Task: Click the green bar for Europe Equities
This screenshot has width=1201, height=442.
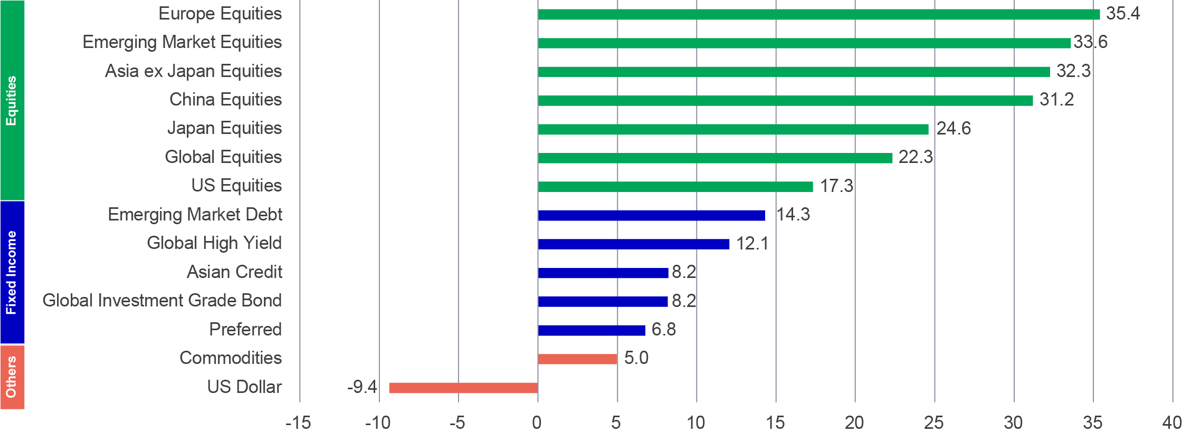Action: coord(818,14)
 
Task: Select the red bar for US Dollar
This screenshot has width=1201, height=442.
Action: coord(463,388)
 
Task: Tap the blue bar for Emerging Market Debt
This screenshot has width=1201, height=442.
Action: coord(651,215)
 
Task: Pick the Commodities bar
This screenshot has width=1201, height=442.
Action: coord(577,359)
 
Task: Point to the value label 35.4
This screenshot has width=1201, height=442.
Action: coord(1123,14)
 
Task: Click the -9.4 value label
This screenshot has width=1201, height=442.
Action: coord(362,387)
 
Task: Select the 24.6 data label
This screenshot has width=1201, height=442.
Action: coord(954,129)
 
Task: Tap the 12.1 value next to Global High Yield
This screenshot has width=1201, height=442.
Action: coord(752,244)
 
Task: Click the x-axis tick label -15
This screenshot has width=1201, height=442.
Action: coord(298,423)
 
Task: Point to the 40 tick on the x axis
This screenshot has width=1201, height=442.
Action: coord(1172,423)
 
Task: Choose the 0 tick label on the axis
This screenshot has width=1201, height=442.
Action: coord(537,423)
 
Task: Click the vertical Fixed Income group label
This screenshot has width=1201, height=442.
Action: coord(12,272)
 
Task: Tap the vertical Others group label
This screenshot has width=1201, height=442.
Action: coord(12,377)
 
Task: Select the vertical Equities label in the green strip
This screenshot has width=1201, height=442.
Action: coord(12,100)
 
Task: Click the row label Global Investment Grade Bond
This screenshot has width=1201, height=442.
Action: coord(162,301)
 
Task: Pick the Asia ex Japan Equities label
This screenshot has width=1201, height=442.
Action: coord(193,71)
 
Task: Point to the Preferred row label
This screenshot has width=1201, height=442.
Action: coord(245,330)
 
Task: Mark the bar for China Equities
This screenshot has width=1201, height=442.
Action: coord(785,100)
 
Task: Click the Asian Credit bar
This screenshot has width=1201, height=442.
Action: coord(603,273)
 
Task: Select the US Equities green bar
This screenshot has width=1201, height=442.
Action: coord(675,186)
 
